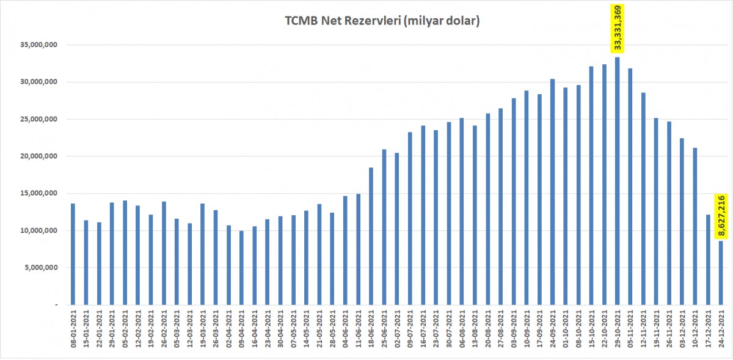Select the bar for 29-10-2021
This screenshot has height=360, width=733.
(617, 181)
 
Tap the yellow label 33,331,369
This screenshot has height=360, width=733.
(617, 29)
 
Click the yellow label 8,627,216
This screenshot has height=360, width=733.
(721, 216)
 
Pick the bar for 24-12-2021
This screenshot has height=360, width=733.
(721, 273)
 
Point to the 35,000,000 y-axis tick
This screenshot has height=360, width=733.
(38, 45)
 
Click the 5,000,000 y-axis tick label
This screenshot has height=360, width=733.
(41, 268)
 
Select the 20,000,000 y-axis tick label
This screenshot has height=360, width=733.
(38, 156)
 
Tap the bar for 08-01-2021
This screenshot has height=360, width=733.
(73, 254)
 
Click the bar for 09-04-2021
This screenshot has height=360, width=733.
(241, 268)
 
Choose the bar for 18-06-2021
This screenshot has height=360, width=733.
(371, 236)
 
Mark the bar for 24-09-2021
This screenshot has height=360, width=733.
(552, 192)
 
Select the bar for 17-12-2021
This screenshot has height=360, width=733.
(708, 260)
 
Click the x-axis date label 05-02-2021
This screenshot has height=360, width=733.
(125, 329)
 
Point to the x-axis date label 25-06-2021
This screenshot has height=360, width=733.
(384, 329)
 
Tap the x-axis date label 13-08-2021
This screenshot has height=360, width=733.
(475, 329)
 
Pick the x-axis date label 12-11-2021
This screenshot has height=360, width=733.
(643, 329)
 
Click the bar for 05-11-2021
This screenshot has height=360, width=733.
(630, 186)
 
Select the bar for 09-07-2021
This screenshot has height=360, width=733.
(410, 218)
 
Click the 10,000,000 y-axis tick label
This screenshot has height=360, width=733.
(38, 230)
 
